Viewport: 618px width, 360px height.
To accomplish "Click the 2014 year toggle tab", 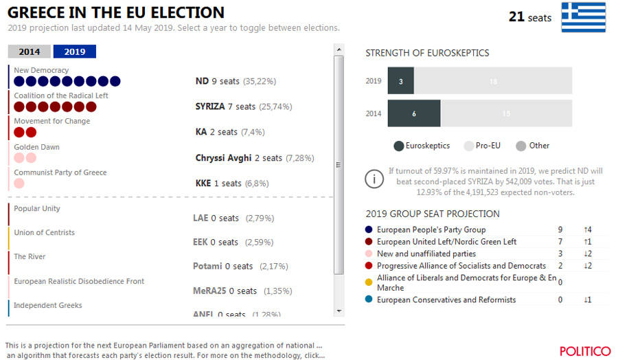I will pos(29,52).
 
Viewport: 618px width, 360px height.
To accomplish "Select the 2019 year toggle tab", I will pos(75,52).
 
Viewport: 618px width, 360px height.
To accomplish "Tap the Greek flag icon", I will pos(583,17).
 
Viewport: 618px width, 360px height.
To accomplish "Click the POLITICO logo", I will pos(584,351).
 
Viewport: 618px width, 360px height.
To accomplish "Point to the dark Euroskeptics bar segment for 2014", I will pos(414,113).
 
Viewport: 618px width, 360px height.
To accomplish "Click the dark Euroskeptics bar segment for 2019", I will pos(401,81).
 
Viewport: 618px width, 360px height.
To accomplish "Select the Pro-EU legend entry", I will pos(485,146).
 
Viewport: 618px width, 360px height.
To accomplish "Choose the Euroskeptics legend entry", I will pos(422,146).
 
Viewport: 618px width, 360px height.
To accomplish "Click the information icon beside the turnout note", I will pos(374,180).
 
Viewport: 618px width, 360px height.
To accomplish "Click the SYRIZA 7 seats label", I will pos(225,106).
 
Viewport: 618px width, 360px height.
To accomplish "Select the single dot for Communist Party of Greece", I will pos(19,183).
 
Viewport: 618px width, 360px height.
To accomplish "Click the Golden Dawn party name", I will pos(37,147).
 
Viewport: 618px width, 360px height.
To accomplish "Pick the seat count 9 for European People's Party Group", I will pos(560,229).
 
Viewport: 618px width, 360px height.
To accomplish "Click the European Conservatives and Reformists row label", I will pos(446,300).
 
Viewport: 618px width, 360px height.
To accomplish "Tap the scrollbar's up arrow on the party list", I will pos(338,50).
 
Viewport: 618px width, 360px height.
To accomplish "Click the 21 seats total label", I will pos(529,17).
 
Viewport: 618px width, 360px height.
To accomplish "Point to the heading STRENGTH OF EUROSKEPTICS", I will pos(427,53).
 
